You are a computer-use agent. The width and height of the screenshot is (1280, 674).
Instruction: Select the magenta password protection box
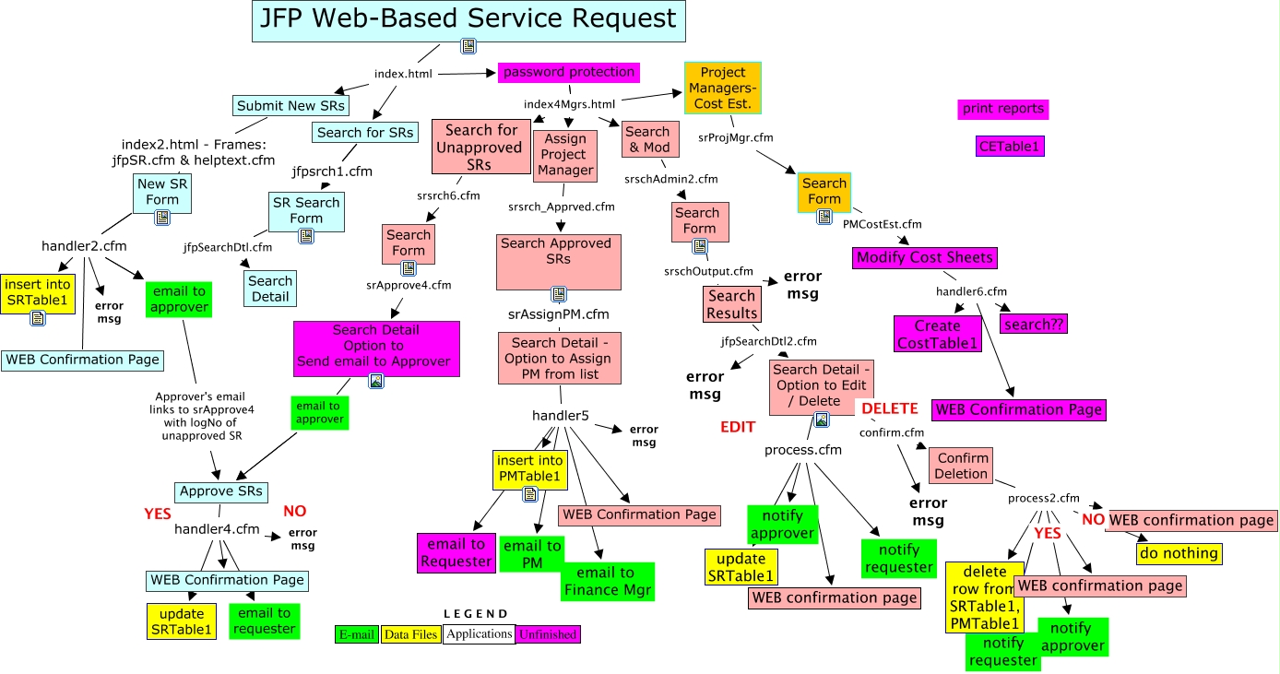[569, 72]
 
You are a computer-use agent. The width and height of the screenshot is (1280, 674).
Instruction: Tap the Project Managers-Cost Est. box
[723, 88]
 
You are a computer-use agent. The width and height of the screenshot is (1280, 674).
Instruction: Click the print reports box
[1003, 109]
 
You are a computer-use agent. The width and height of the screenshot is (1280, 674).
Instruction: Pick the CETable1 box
[1010, 146]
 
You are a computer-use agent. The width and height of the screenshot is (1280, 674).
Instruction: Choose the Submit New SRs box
[290, 106]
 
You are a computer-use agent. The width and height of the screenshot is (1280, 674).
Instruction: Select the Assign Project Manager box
[565, 155]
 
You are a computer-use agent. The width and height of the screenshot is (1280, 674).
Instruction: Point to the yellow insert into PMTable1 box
[529, 468]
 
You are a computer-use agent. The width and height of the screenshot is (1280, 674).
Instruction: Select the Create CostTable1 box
[937, 334]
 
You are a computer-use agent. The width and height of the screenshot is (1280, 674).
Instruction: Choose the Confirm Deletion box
[962, 466]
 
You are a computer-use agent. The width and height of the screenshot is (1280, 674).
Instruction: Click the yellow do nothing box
[1178, 553]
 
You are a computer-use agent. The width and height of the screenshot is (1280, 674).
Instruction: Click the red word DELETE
[889, 408]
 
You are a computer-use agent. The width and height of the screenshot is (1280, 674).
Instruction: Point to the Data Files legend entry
[410, 634]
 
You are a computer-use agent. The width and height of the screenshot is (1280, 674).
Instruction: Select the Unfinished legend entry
[548, 634]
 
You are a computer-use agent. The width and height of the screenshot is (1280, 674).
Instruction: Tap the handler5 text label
[560, 416]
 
